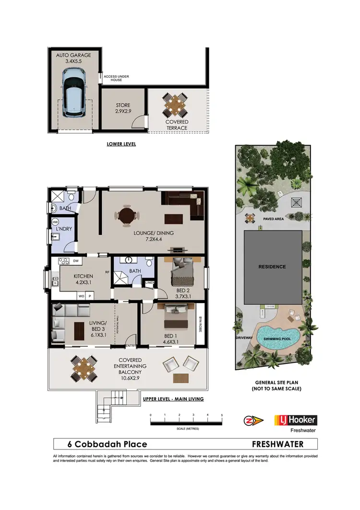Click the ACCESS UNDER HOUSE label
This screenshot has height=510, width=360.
(116, 78)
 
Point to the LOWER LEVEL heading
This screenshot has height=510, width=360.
(121, 144)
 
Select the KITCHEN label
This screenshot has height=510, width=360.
(83, 277)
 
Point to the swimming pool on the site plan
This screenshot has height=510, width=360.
(278, 336)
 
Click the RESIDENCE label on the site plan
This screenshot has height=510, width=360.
(272, 267)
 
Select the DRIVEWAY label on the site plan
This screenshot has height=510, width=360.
(244, 338)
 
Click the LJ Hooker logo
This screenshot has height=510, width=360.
(295, 421)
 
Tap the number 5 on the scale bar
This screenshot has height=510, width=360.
(222, 414)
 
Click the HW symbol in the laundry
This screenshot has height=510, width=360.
(55, 222)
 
